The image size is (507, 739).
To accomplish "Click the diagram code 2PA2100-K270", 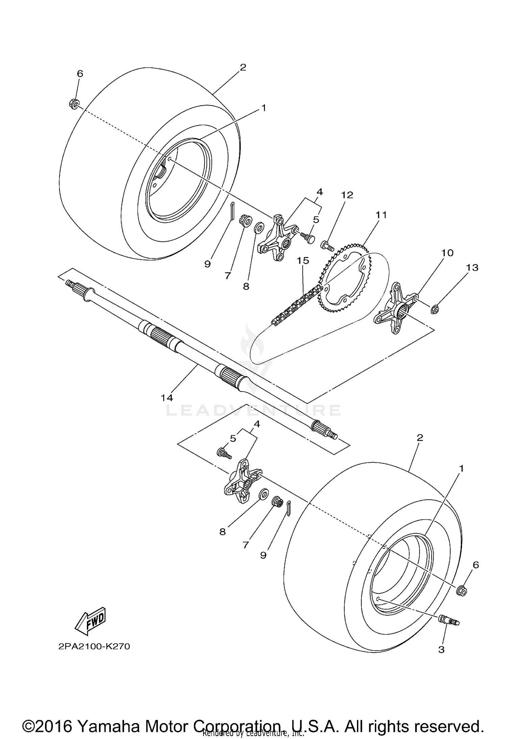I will click(94, 647).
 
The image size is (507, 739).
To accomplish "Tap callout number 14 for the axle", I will click(167, 398).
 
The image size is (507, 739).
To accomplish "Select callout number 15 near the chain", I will click(303, 260).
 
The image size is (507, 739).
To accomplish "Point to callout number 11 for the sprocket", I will click(381, 215).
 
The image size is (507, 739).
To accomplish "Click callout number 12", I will click(347, 195).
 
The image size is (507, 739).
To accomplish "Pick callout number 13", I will click(472, 267).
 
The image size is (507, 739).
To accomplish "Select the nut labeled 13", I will click(435, 299).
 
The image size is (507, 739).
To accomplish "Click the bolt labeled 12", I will click(327, 245).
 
